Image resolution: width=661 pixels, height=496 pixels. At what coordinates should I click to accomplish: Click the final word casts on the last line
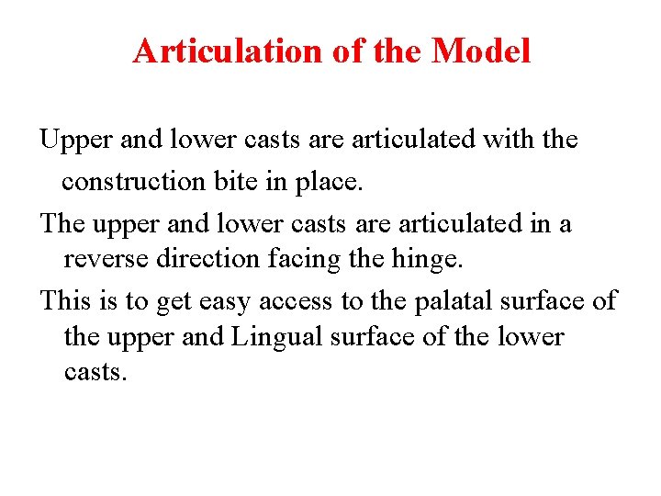(x=94, y=374)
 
